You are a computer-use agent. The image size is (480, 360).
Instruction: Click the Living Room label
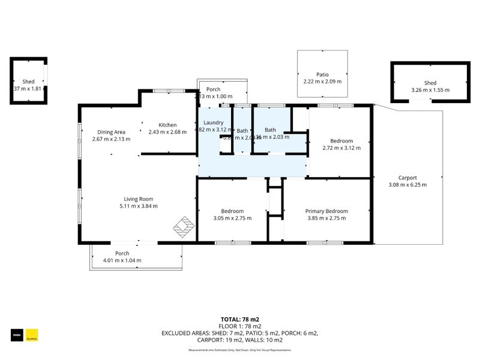[x=139, y=199]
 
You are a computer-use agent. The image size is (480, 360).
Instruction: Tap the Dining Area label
[x=112, y=132]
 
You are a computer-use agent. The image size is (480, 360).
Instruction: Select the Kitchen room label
[x=167, y=125]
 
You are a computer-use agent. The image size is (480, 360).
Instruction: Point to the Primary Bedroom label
[x=326, y=211]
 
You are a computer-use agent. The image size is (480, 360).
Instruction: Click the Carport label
[x=407, y=178]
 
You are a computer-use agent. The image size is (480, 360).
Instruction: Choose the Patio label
[x=322, y=74]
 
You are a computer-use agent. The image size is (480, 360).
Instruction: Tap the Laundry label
[x=213, y=122]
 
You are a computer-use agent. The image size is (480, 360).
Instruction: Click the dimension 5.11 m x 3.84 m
[x=139, y=206]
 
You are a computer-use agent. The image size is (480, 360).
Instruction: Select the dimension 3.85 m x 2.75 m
[x=326, y=218]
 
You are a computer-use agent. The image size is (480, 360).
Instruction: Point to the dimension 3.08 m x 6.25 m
[x=407, y=185]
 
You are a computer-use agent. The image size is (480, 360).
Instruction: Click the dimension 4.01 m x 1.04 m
[x=122, y=260]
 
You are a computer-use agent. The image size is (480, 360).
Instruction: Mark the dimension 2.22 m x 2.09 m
[x=322, y=82]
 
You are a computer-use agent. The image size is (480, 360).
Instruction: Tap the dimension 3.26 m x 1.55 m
[x=430, y=90]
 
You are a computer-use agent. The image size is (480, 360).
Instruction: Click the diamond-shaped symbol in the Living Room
[x=184, y=227]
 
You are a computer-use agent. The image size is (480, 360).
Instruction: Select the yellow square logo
[x=32, y=335]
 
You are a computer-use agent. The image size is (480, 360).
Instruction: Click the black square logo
[x=17, y=335]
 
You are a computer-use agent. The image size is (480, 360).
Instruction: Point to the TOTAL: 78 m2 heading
[x=239, y=319]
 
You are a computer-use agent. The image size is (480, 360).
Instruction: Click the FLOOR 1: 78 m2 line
[x=239, y=326]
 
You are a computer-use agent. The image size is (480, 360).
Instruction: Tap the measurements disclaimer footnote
[x=239, y=350]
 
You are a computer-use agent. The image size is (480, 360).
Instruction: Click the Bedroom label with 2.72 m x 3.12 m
[x=341, y=141]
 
